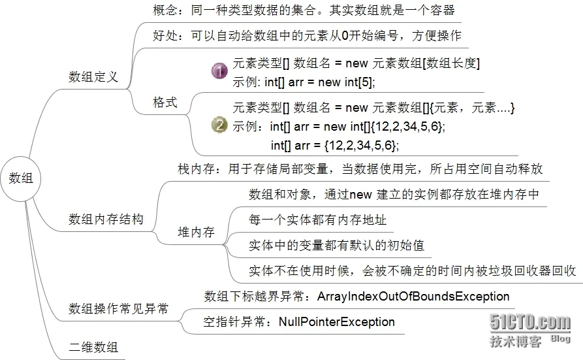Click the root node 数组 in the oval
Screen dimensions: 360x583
tap(21, 178)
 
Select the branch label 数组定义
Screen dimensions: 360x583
tap(93, 76)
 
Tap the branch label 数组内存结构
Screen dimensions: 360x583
tap(106, 219)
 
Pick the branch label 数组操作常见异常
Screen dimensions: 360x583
tap(118, 308)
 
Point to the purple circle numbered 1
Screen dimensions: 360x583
tap(220, 72)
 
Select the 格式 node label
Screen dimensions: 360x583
tap(165, 103)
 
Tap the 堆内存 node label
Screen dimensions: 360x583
tap(196, 232)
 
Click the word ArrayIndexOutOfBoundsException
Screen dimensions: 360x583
tap(413, 297)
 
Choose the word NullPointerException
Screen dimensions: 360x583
tap(337, 321)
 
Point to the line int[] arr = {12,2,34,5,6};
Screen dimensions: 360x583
tap(334, 144)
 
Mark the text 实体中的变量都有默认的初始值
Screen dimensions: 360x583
tap(336, 245)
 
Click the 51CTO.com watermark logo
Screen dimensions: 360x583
tap(530, 323)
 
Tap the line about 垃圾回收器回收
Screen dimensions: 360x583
tap(412, 270)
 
